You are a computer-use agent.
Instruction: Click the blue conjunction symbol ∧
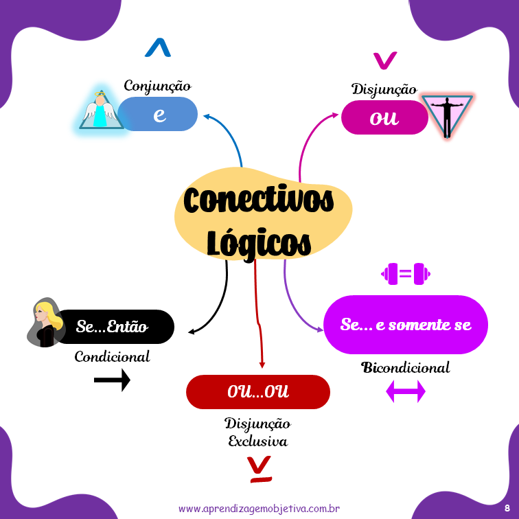pos(158,48)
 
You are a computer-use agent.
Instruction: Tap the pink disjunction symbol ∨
pos(384,60)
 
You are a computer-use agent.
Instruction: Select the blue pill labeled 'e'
pos(159,114)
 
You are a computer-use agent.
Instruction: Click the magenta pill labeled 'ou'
pos(384,117)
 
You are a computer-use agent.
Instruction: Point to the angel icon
pos(101,110)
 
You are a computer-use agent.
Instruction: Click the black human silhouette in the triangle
pos(447,115)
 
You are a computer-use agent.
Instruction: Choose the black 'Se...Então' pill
pos(114,327)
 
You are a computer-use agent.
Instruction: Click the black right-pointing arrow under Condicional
pos(112,379)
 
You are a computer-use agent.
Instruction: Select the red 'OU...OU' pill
pos(258,392)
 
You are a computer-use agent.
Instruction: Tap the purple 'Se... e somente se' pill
pos(406,325)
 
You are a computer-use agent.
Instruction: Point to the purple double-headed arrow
pos(406,392)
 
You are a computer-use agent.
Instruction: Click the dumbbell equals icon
pos(406,275)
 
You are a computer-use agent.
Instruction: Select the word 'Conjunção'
pos(157,86)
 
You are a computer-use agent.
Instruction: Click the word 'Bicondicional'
pos(406,367)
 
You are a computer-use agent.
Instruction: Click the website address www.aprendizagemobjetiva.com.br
pos(259,509)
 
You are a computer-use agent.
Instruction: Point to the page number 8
pos(507,507)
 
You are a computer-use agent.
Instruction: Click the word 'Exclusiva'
pos(257,441)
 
